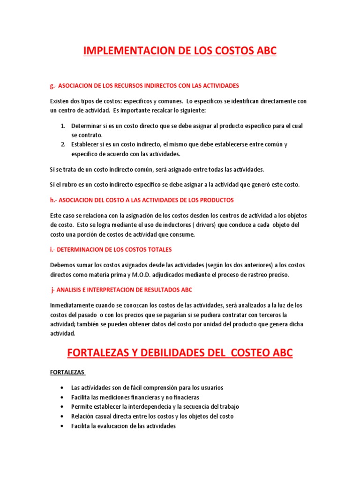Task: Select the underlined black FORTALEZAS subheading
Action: click(x=67, y=372)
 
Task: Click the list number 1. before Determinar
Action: click(x=63, y=126)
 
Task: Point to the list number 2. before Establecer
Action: click(x=63, y=144)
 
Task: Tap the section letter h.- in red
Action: click(x=53, y=200)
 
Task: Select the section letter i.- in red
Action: click(x=52, y=249)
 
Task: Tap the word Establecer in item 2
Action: click(x=86, y=144)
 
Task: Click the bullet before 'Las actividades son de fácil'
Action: click(x=63, y=388)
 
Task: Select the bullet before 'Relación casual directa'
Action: click(x=63, y=416)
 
